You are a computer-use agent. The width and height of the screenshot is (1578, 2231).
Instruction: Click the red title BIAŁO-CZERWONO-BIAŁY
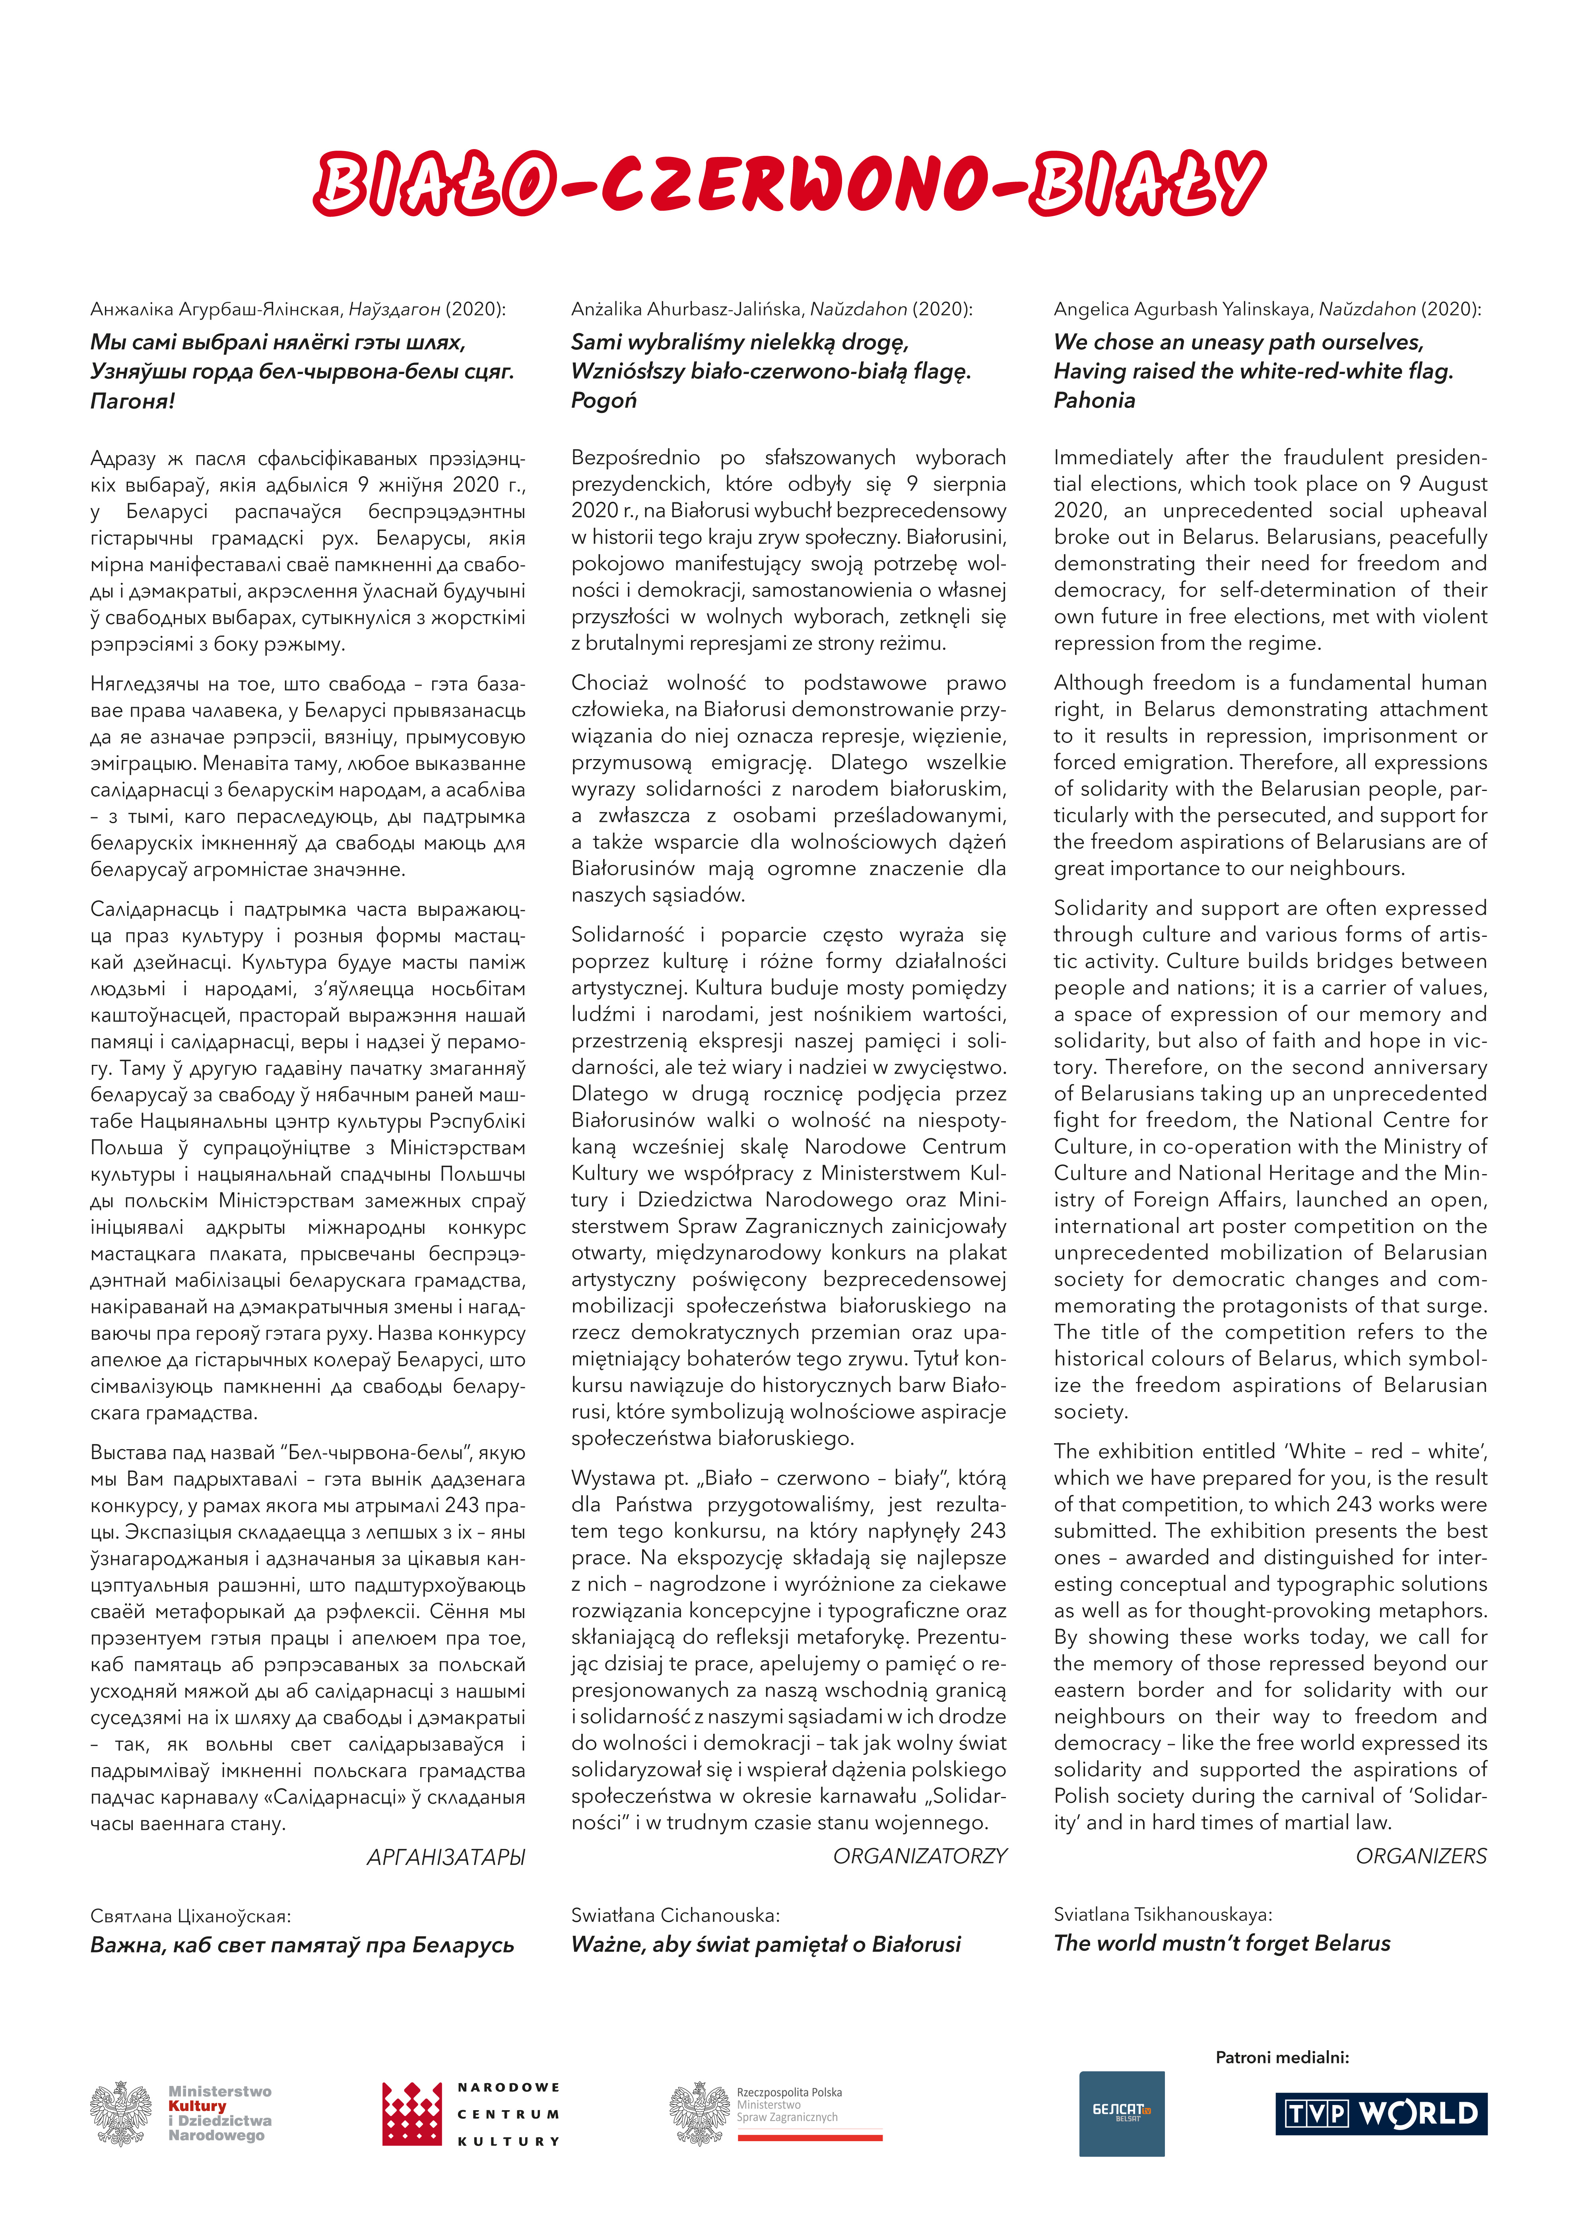coord(789,184)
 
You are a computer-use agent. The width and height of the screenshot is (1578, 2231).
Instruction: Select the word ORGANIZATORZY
coord(919,1856)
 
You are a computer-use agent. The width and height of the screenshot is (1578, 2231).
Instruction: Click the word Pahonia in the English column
coord(1094,400)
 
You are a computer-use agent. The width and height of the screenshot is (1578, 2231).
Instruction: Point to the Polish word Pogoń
coord(604,400)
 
